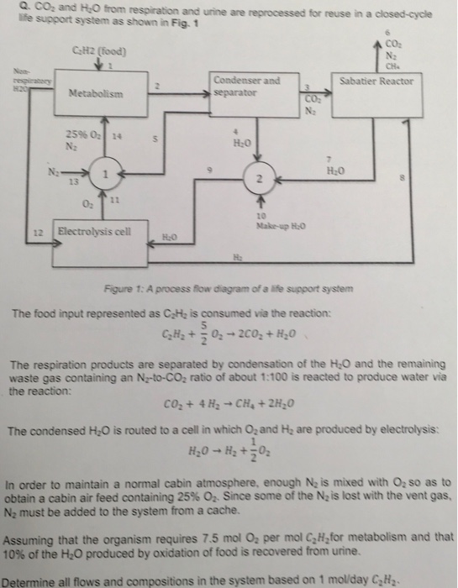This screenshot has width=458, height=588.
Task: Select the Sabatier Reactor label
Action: click(x=376, y=81)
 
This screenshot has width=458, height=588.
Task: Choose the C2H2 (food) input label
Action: click(x=100, y=54)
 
